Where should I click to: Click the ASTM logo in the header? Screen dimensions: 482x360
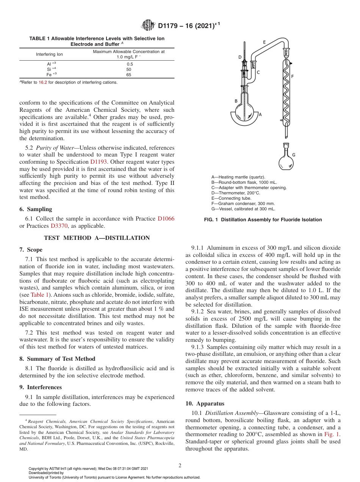pos(148,25)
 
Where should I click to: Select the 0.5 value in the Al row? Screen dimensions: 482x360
pos(130,64)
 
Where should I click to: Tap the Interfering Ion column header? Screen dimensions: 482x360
pos(49,54)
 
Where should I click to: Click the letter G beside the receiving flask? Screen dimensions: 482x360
pos(294,155)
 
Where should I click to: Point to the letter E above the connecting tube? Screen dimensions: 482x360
pos(264,42)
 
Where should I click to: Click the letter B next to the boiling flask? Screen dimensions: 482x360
pos(236,101)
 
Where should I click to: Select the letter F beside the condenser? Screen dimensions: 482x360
pos(292,77)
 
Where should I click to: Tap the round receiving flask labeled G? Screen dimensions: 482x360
pos(286,161)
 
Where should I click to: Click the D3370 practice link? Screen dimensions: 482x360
pos(58,226)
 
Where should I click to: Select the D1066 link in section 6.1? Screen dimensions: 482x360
pos(166,219)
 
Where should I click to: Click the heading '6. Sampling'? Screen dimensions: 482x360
pos(36,209)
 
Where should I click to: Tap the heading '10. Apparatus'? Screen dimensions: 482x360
pos(205,403)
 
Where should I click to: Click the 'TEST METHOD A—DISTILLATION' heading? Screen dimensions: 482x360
pos(97,238)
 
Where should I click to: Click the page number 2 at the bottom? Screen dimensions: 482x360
pos(180,466)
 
